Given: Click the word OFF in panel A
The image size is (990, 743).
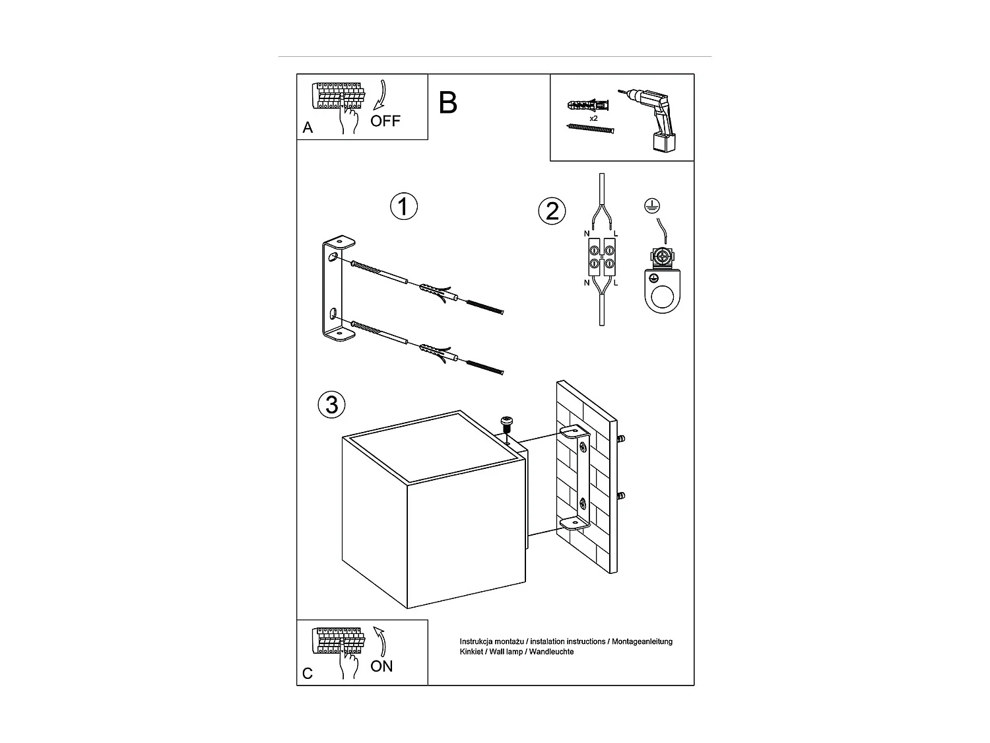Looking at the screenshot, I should (385, 121).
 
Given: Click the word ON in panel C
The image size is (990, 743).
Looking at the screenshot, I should (381, 666).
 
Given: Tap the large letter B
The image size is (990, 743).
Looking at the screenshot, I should (447, 103).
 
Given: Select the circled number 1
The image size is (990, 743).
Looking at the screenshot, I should (404, 207).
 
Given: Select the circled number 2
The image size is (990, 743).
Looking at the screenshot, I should (552, 211).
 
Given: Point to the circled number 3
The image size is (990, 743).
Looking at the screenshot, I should (331, 404).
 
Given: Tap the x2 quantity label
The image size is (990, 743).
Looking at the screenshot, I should (593, 118).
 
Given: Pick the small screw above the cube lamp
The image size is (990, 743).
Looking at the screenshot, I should (508, 423).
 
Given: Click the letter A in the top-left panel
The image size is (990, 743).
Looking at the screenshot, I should (308, 128).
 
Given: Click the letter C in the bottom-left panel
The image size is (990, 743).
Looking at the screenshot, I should (308, 674).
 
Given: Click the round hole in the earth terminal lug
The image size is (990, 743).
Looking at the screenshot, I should (663, 298).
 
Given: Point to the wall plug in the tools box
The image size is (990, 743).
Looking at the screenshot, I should (587, 106).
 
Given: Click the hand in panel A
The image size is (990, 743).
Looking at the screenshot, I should (348, 120).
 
